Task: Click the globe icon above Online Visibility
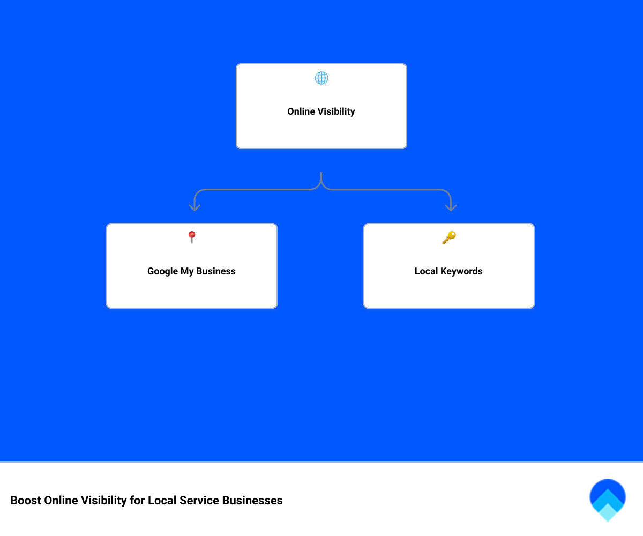322,78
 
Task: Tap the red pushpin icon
192,237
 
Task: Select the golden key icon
448,237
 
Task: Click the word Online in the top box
301,111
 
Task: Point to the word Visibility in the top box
336,111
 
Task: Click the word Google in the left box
162,271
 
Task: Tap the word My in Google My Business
187,271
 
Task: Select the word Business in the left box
216,271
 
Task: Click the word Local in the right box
426,271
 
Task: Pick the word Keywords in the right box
462,271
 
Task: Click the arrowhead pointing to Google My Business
194,207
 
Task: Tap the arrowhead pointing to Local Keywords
451,207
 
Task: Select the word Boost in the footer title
26,501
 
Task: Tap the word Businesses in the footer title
252,501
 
